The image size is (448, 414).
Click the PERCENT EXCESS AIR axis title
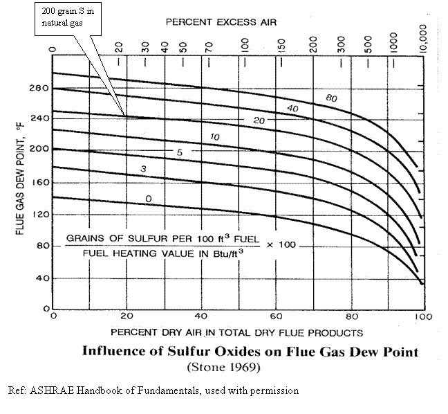[221, 22]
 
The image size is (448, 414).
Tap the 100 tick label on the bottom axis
[422, 319]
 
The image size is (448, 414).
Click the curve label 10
[215, 137]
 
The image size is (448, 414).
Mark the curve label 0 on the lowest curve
[149, 199]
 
